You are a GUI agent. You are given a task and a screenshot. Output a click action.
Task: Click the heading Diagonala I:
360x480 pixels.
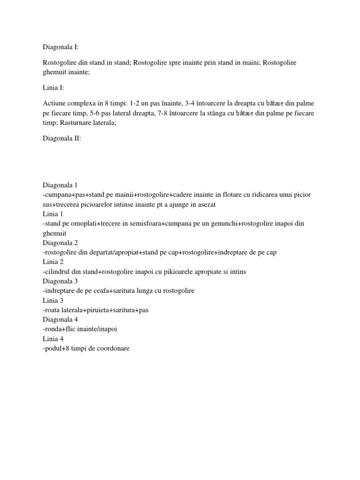[x=62, y=47]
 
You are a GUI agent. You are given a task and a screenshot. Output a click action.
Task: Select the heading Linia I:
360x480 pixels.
[x=54, y=88]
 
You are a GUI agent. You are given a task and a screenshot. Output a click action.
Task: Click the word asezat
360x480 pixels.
[x=202, y=204]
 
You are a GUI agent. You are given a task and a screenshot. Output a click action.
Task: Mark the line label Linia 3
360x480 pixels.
[x=53, y=300]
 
